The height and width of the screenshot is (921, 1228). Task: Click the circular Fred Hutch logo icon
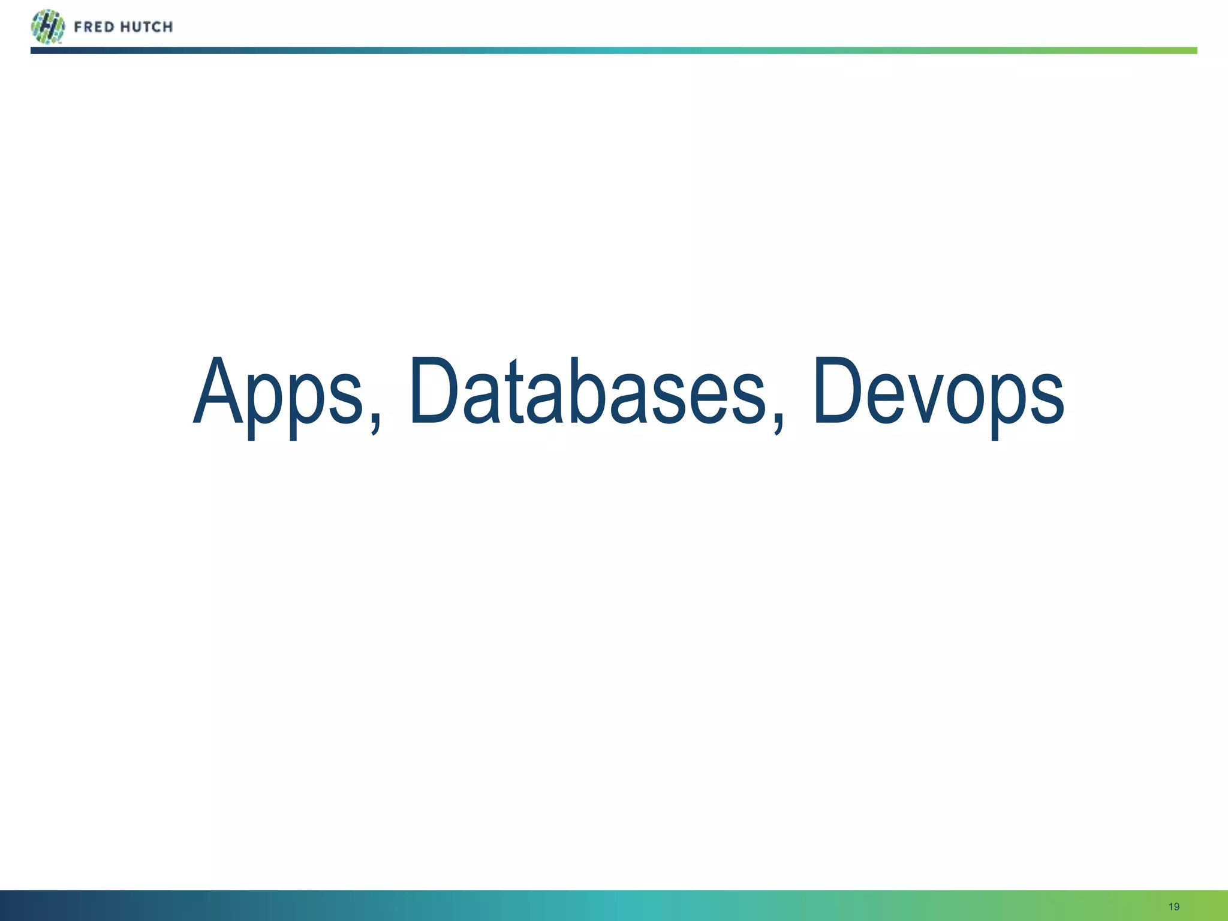pyautogui.click(x=47, y=27)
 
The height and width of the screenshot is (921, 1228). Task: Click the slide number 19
pyautogui.click(x=1174, y=907)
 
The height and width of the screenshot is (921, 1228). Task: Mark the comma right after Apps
pyautogui.click(x=375, y=420)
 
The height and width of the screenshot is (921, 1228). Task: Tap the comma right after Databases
pyautogui.click(x=778, y=420)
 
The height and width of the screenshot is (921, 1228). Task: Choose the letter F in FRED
pyautogui.click(x=79, y=27)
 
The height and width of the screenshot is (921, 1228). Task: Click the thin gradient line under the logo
pyautogui.click(x=614, y=50)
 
